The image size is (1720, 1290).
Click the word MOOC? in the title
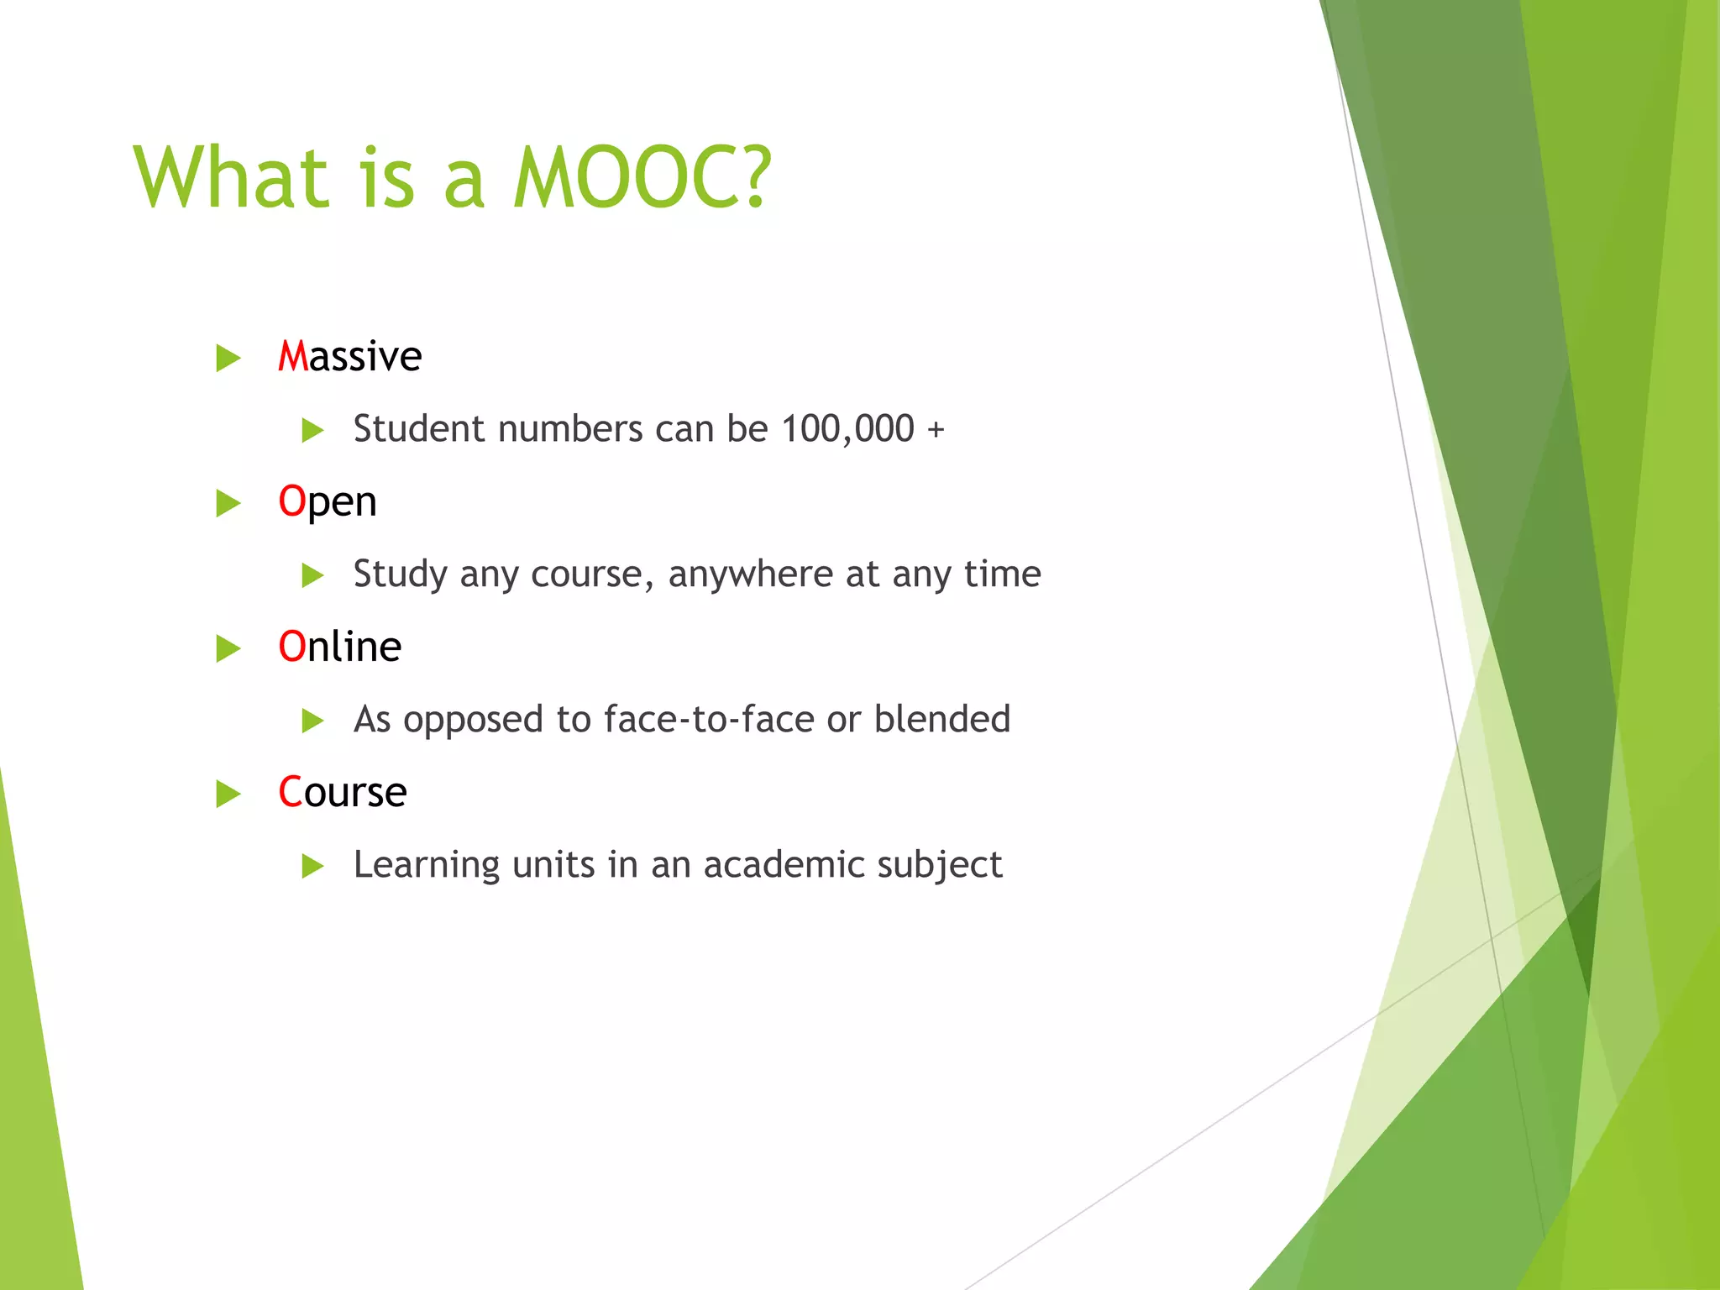point(642,177)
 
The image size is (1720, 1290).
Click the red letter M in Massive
point(293,357)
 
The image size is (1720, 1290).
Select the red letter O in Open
point(291,501)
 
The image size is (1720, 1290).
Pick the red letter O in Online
point(291,647)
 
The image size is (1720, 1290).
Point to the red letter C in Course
point(290,792)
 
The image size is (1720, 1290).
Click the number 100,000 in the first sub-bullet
point(847,429)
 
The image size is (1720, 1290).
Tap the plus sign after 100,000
point(936,430)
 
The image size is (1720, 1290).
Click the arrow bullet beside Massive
point(228,358)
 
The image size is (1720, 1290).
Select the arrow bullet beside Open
point(228,503)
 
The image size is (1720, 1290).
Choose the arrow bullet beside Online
point(228,648)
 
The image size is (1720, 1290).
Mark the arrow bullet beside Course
point(228,794)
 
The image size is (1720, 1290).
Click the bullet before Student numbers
point(312,431)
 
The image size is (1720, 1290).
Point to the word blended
point(941,720)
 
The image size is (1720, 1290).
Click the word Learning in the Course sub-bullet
point(427,865)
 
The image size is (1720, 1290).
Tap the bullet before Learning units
point(312,866)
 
